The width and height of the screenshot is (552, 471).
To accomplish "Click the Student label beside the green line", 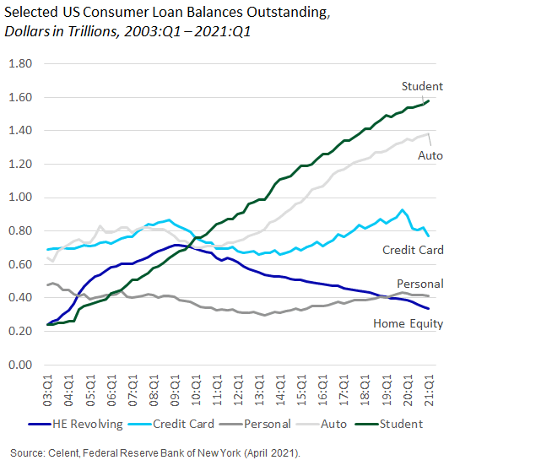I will pyautogui.click(x=422, y=86).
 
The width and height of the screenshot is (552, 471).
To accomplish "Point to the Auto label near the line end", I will pyautogui.click(x=430, y=156).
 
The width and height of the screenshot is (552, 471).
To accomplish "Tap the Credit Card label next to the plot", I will pyautogui.click(x=412, y=251).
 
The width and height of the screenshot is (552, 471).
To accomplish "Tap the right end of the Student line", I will pyautogui.click(x=429, y=101).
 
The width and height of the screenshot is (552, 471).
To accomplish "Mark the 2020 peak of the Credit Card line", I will pyautogui.click(x=403, y=210).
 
